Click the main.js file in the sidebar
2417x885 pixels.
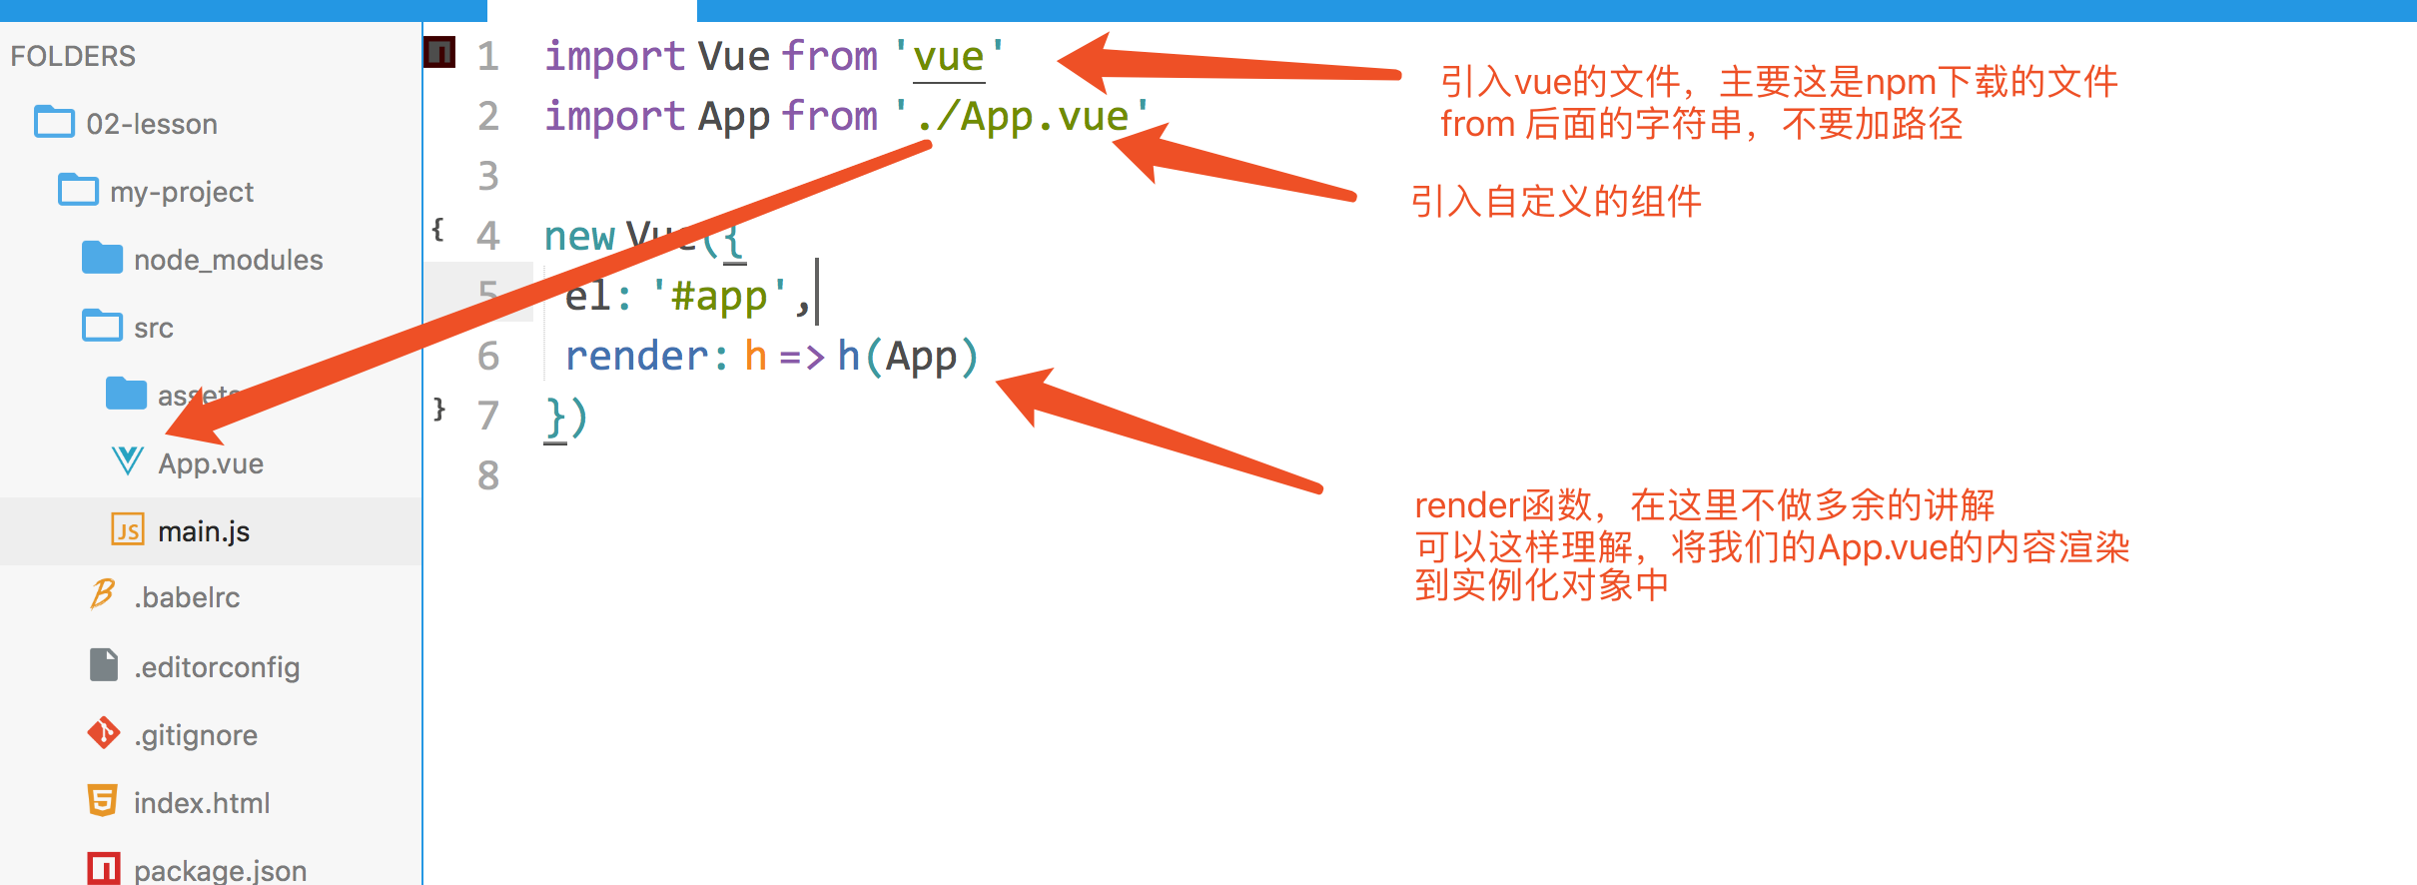pos(203,531)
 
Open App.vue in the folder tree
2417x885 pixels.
pos(210,463)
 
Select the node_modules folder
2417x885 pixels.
pos(228,260)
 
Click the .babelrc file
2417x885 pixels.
pos(187,597)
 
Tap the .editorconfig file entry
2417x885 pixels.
pos(217,667)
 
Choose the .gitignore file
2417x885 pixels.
pos(196,735)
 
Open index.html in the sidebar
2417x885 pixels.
pos(202,803)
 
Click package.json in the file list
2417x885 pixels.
pos(220,870)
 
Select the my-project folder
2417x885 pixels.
pos(182,192)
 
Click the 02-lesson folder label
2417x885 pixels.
pos(152,124)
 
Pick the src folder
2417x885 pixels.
pos(154,328)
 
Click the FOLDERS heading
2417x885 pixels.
pos(73,56)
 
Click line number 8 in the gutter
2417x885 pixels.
pos(487,475)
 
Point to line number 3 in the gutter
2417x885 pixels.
pos(487,176)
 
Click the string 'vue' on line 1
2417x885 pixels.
pos(949,57)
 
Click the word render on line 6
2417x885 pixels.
pos(637,357)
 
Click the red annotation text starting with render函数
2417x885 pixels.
pos(1703,505)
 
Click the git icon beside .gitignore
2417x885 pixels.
pos(104,733)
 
